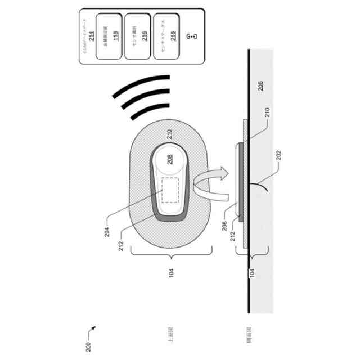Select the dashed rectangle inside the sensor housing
(170, 190)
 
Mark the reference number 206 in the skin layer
(259, 85)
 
